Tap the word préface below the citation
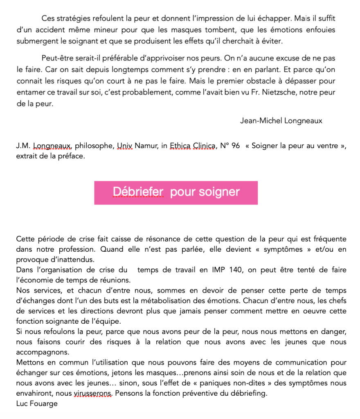pyautogui.click(x=71, y=156)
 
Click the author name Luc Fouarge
pyautogui.click(x=37, y=404)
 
